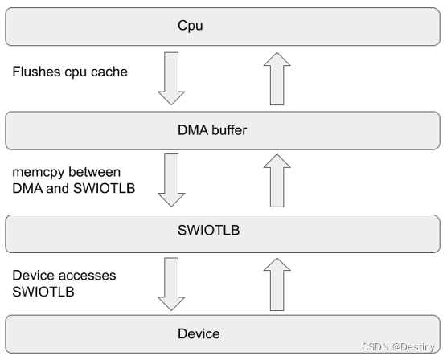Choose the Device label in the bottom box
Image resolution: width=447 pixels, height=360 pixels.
click(199, 333)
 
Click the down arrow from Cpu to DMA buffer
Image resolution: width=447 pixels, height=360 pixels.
click(171, 77)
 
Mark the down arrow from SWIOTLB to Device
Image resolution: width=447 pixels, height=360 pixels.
click(171, 282)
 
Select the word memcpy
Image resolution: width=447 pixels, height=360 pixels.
click(38, 172)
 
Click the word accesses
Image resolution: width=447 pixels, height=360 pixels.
click(87, 275)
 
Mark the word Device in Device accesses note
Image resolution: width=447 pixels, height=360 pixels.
click(34, 275)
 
